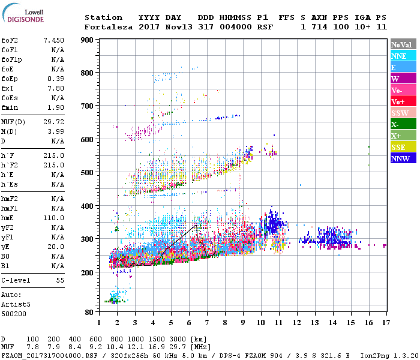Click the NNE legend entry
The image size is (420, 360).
(x=402, y=56)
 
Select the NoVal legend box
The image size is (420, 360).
(x=402, y=44)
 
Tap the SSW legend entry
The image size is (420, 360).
(x=402, y=113)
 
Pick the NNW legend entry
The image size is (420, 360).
(x=402, y=158)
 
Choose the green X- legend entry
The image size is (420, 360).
(x=402, y=124)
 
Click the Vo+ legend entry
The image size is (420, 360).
(x=402, y=101)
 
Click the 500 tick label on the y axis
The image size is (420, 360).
(x=88, y=173)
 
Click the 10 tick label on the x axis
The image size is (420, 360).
(x=260, y=323)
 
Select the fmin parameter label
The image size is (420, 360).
(x=10, y=107)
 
